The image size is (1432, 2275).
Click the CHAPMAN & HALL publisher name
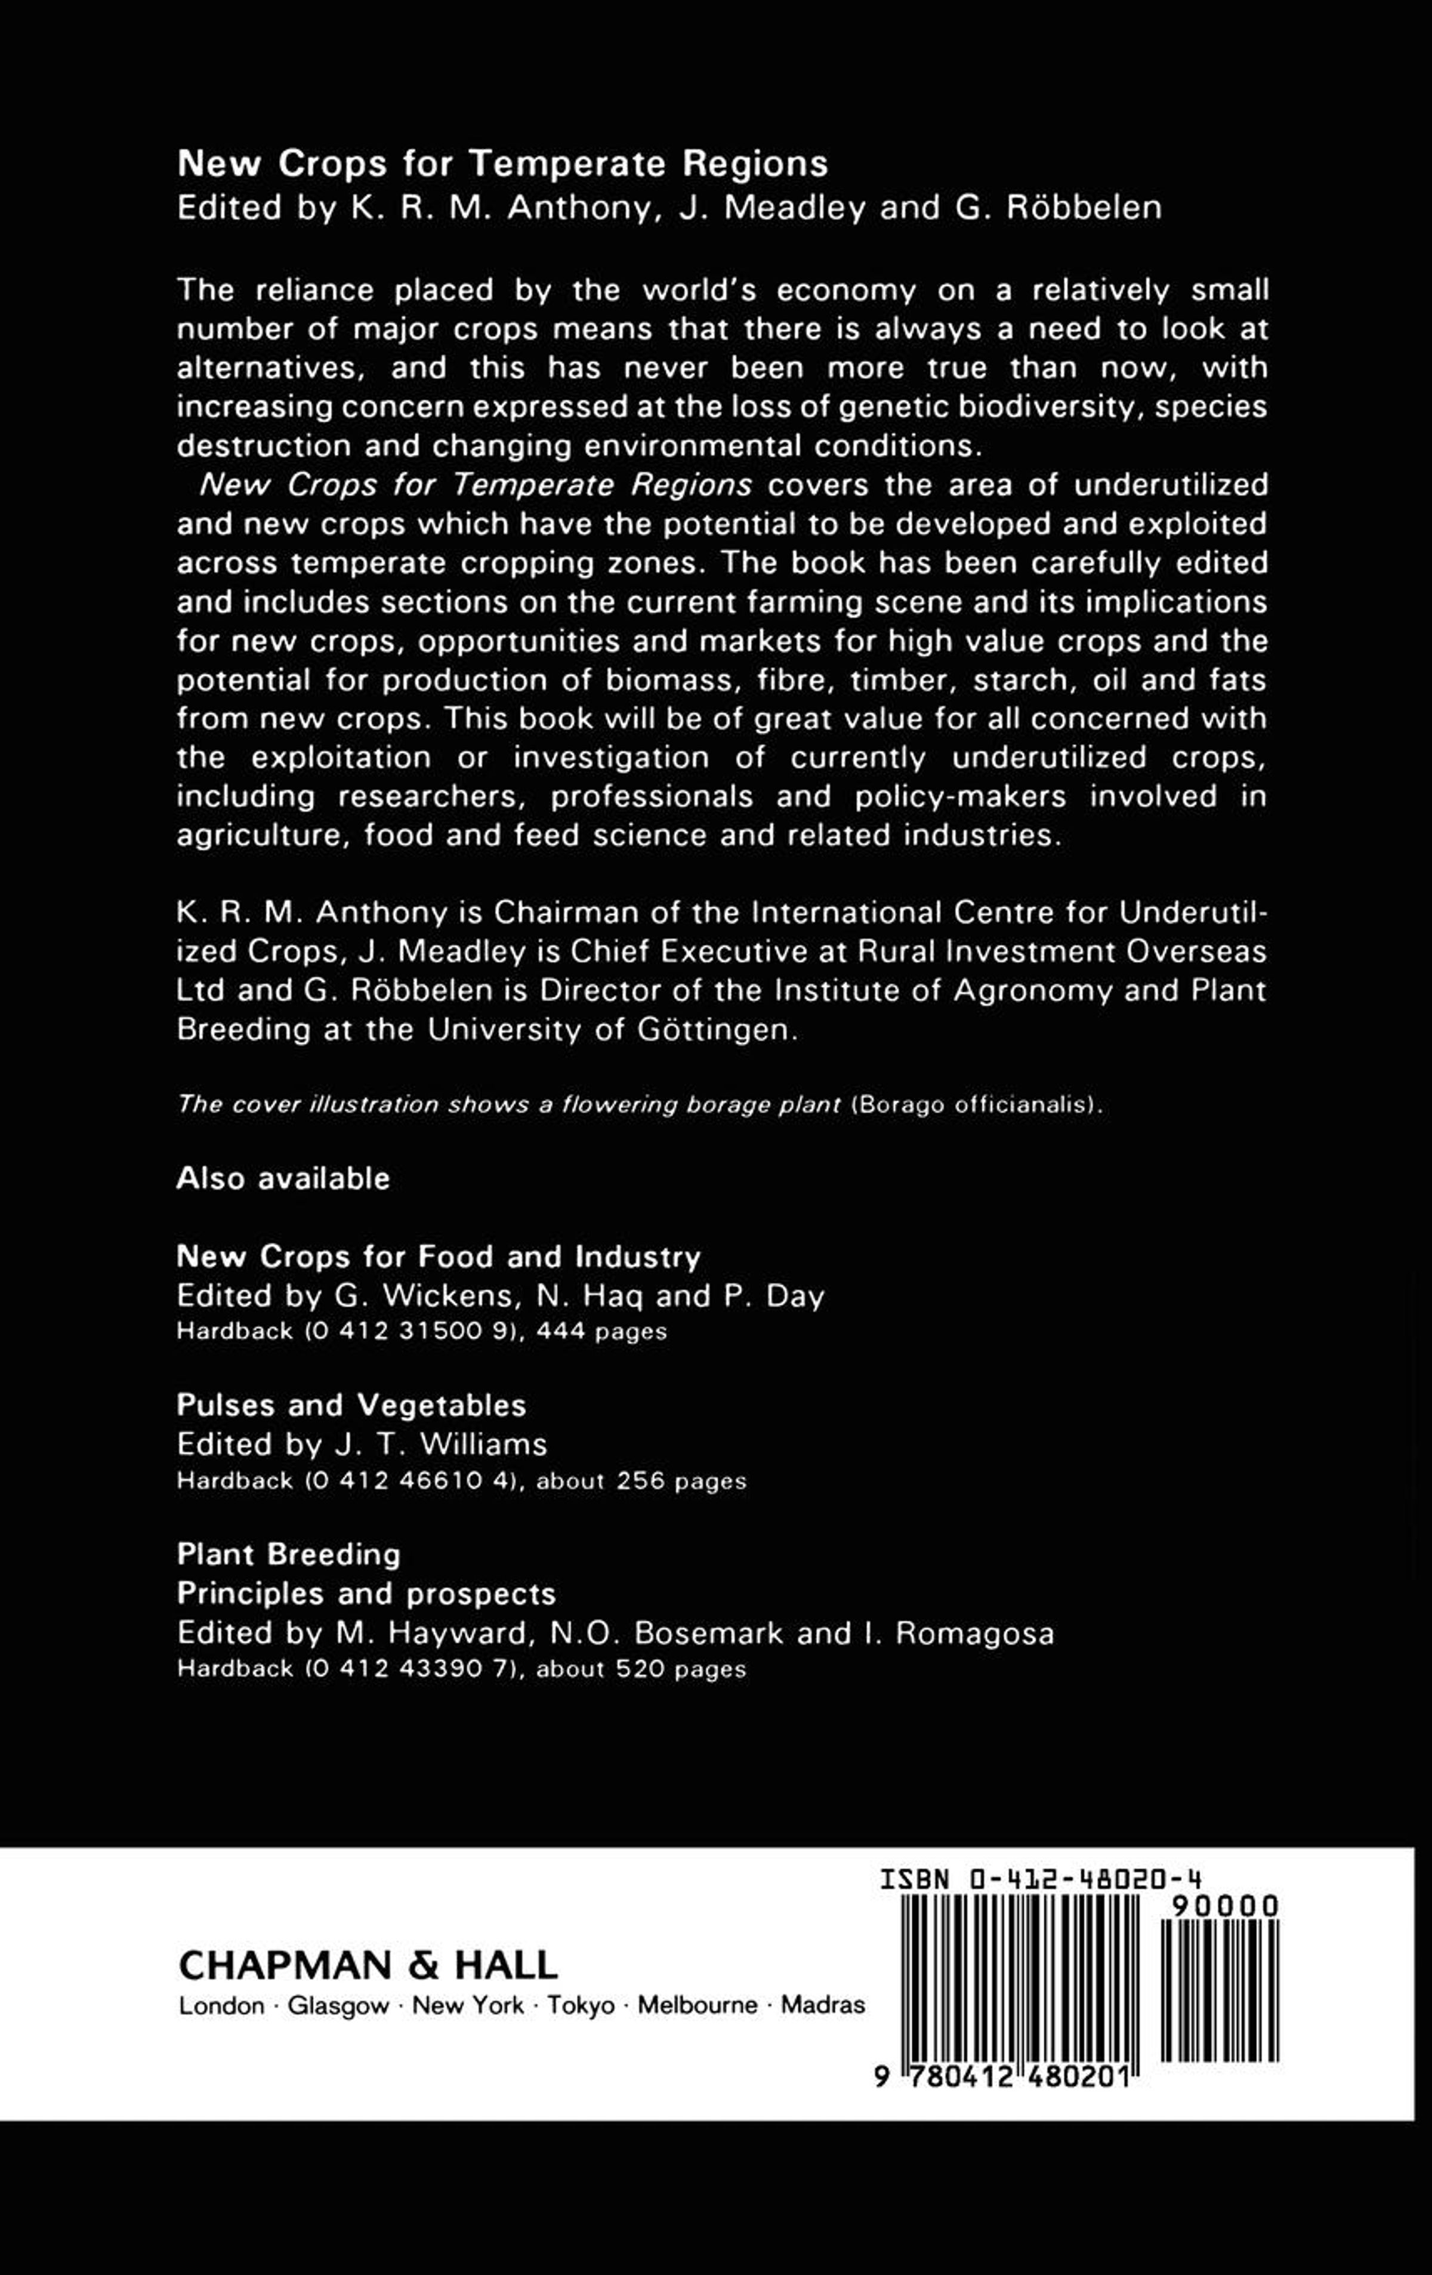[x=368, y=1965]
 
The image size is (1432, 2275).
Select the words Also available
[x=283, y=1178]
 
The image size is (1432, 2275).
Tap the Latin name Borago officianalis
[x=975, y=1106]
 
